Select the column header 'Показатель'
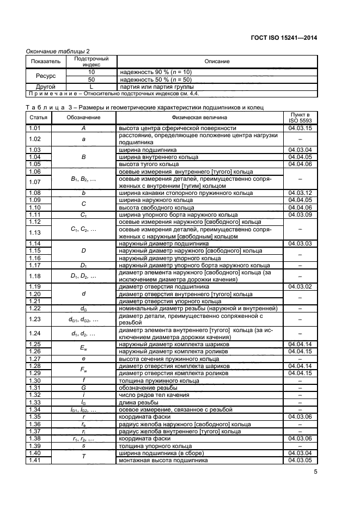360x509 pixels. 41,62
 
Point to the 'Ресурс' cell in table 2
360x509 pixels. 41,76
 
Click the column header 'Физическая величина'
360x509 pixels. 199,117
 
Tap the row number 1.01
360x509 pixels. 35,128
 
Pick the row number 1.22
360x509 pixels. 35,308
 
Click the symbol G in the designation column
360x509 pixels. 83,387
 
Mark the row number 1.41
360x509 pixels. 35,460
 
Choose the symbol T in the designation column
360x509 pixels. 83,457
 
